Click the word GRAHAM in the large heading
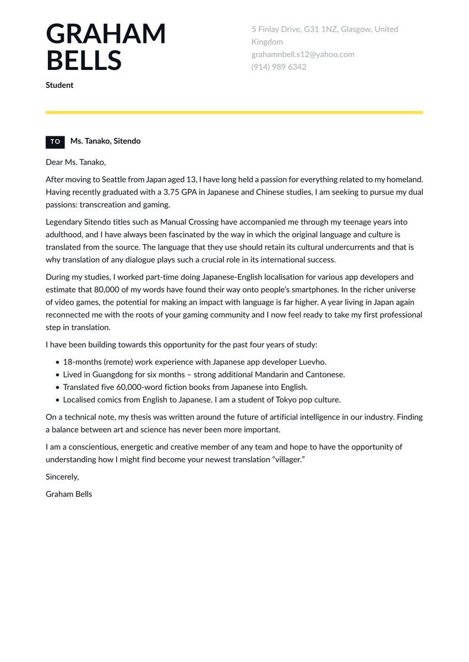point(106,34)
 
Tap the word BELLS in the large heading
point(84,60)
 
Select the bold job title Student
point(59,85)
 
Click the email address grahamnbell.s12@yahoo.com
point(303,54)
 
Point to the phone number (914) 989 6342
point(279,67)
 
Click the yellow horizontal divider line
point(234,112)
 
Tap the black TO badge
point(55,142)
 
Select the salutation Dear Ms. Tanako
point(75,162)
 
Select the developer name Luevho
point(313,362)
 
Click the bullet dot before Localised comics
point(57,400)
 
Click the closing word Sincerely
point(62,477)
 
